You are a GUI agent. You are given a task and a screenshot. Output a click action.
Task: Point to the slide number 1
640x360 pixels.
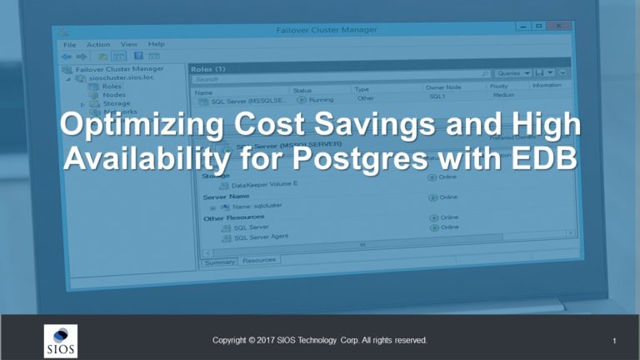(x=613, y=341)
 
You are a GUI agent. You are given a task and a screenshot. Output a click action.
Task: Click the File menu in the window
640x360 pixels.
(x=70, y=44)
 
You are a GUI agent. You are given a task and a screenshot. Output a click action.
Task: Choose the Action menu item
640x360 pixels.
(x=98, y=44)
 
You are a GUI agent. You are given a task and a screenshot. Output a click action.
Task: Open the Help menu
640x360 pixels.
(x=157, y=43)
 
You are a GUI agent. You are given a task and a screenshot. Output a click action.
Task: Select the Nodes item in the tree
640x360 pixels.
(x=114, y=94)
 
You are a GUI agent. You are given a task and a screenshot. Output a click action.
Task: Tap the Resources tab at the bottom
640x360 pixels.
(x=259, y=260)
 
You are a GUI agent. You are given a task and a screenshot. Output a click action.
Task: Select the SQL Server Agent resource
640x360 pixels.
(x=263, y=237)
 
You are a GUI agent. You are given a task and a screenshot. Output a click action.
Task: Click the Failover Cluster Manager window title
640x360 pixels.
(x=327, y=30)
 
